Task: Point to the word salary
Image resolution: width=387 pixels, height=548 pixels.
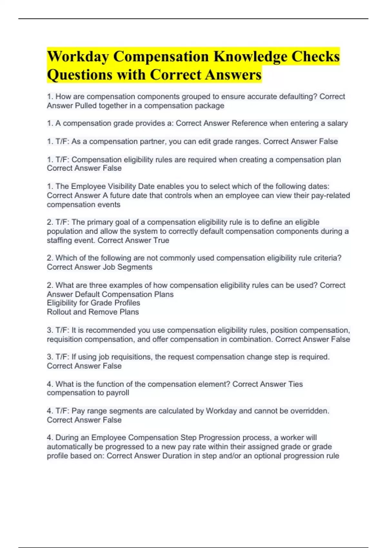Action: [x=337, y=123]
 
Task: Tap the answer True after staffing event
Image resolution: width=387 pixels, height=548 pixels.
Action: [x=161, y=240]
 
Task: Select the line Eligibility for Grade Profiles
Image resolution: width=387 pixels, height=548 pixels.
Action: [x=94, y=303]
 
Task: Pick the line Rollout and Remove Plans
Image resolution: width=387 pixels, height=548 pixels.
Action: [x=93, y=312]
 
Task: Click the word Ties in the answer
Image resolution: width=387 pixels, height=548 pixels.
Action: [x=296, y=384]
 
